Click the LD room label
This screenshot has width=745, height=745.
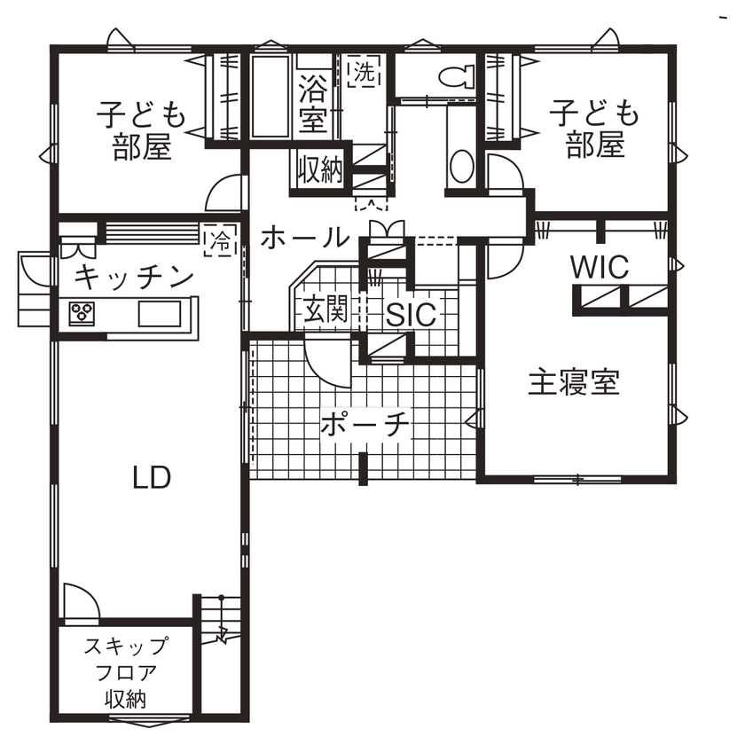coord(152,478)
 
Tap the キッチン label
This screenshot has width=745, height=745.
coord(134,277)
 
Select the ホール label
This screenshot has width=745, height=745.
coord(304,237)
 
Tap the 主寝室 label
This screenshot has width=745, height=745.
coord(573,382)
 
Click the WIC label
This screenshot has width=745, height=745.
coord(599,265)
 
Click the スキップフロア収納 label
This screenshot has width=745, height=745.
coord(125,672)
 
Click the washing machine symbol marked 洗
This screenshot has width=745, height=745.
coord(362,73)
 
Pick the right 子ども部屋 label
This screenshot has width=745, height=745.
coord(594,129)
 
